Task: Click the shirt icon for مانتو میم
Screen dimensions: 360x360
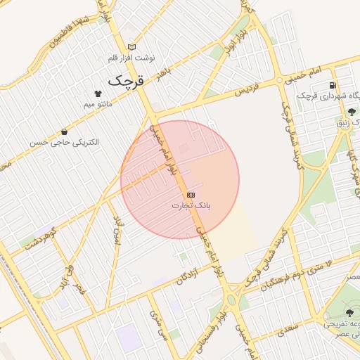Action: pyautogui.click(x=97, y=94)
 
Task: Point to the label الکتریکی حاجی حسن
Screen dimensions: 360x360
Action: pyautogui.click(x=64, y=142)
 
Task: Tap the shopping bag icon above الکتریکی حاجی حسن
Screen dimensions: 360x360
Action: pyautogui.click(x=65, y=131)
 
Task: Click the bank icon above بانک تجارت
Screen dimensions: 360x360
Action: pyautogui.click(x=191, y=194)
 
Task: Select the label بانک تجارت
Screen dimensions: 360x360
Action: pyautogui.click(x=191, y=205)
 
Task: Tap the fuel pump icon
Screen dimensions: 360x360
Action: pyautogui.click(x=332, y=86)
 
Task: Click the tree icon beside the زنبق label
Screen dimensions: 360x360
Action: pyautogui.click(x=352, y=111)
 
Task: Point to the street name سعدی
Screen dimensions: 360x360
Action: pyautogui.click(x=288, y=326)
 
